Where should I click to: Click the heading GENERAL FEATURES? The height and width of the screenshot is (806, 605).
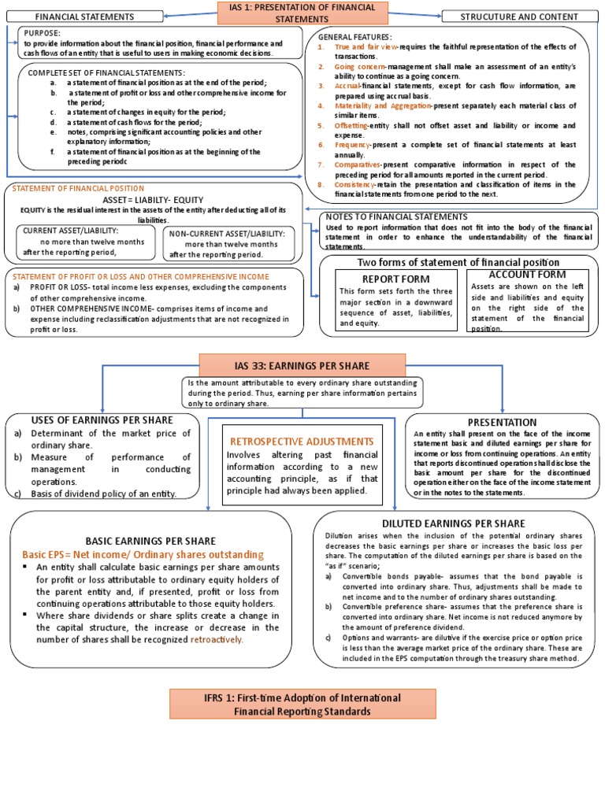tap(354, 37)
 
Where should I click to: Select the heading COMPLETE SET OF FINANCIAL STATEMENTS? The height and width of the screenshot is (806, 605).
tap(106, 73)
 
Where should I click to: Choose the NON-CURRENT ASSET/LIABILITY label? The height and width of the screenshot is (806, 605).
tap(228, 233)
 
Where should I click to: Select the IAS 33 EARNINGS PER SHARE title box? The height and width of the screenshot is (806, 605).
tap(302, 365)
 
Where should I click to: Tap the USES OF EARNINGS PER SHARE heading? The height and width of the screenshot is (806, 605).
tap(102, 420)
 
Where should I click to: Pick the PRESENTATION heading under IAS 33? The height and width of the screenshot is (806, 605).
tap(502, 423)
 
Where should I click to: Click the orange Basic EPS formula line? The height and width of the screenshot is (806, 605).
tap(143, 555)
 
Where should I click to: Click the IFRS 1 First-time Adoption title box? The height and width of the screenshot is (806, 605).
tap(302, 704)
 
